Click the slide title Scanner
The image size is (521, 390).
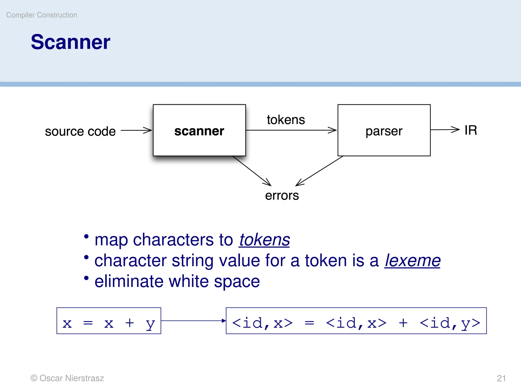coord(70,42)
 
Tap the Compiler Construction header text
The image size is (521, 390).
coord(41,15)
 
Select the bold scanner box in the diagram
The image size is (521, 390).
coord(199,131)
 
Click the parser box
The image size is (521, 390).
coord(384,131)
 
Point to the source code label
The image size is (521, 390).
coord(80,131)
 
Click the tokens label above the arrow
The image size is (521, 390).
coord(286,120)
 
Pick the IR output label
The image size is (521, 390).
coord(470,130)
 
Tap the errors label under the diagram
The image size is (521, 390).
coord(282,196)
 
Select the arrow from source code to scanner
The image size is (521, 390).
coord(136,130)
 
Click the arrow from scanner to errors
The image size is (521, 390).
coord(252,171)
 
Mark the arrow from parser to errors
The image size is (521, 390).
coord(320,171)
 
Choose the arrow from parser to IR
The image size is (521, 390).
coord(445,130)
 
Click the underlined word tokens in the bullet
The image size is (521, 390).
coord(264,240)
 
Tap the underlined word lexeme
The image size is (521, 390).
coord(412,261)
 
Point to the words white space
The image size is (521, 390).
coord(214,281)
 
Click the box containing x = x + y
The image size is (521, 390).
coord(109,321)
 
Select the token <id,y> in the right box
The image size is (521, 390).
coord(450,323)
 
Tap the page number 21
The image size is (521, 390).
coord(501,378)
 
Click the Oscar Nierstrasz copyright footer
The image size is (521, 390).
coord(67,378)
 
